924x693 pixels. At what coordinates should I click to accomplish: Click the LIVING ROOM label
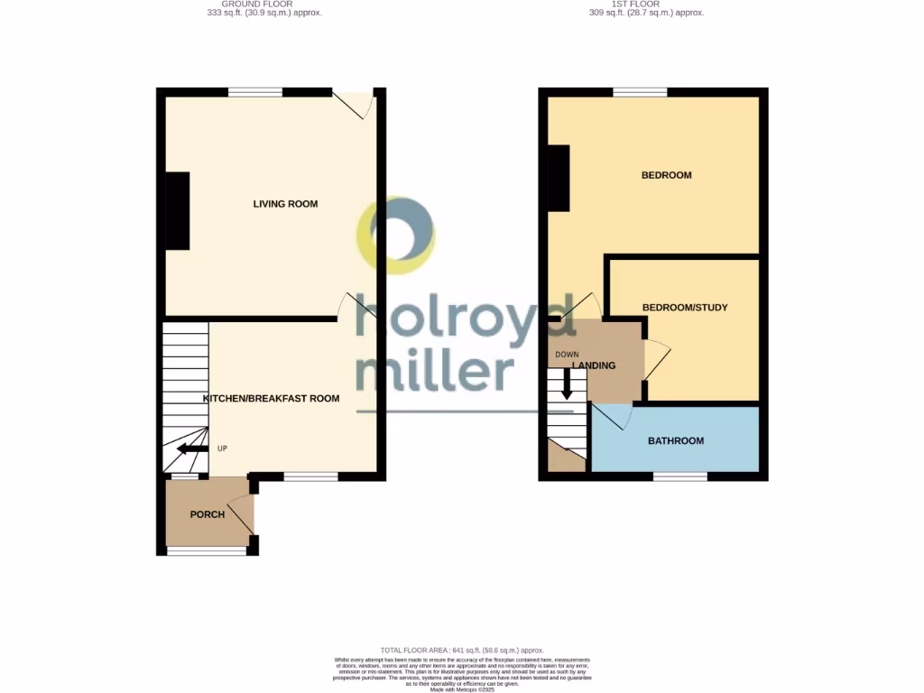point(285,204)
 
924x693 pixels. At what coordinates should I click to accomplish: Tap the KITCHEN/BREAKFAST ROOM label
point(271,399)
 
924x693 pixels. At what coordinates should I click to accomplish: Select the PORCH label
point(207,514)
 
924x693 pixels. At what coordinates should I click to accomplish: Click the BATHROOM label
point(676,441)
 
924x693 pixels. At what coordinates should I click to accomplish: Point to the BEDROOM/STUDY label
point(684,308)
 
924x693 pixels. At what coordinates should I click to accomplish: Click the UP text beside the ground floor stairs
point(222,448)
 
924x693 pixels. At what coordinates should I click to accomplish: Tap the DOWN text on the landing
point(567,354)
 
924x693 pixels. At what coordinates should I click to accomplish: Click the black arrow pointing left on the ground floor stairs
point(192,448)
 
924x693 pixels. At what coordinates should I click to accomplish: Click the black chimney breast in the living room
point(177,210)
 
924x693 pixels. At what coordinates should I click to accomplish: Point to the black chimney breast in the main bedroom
point(559,178)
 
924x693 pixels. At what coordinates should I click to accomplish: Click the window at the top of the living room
point(255,92)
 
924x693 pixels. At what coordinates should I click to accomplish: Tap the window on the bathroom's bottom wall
point(679,476)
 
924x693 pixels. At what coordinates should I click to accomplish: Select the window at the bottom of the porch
point(207,550)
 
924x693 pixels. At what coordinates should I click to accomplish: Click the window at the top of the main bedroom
point(640,92)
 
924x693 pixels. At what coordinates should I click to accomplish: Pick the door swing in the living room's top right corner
point(356,105)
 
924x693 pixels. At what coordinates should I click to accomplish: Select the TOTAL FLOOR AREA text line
point(461,650)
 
